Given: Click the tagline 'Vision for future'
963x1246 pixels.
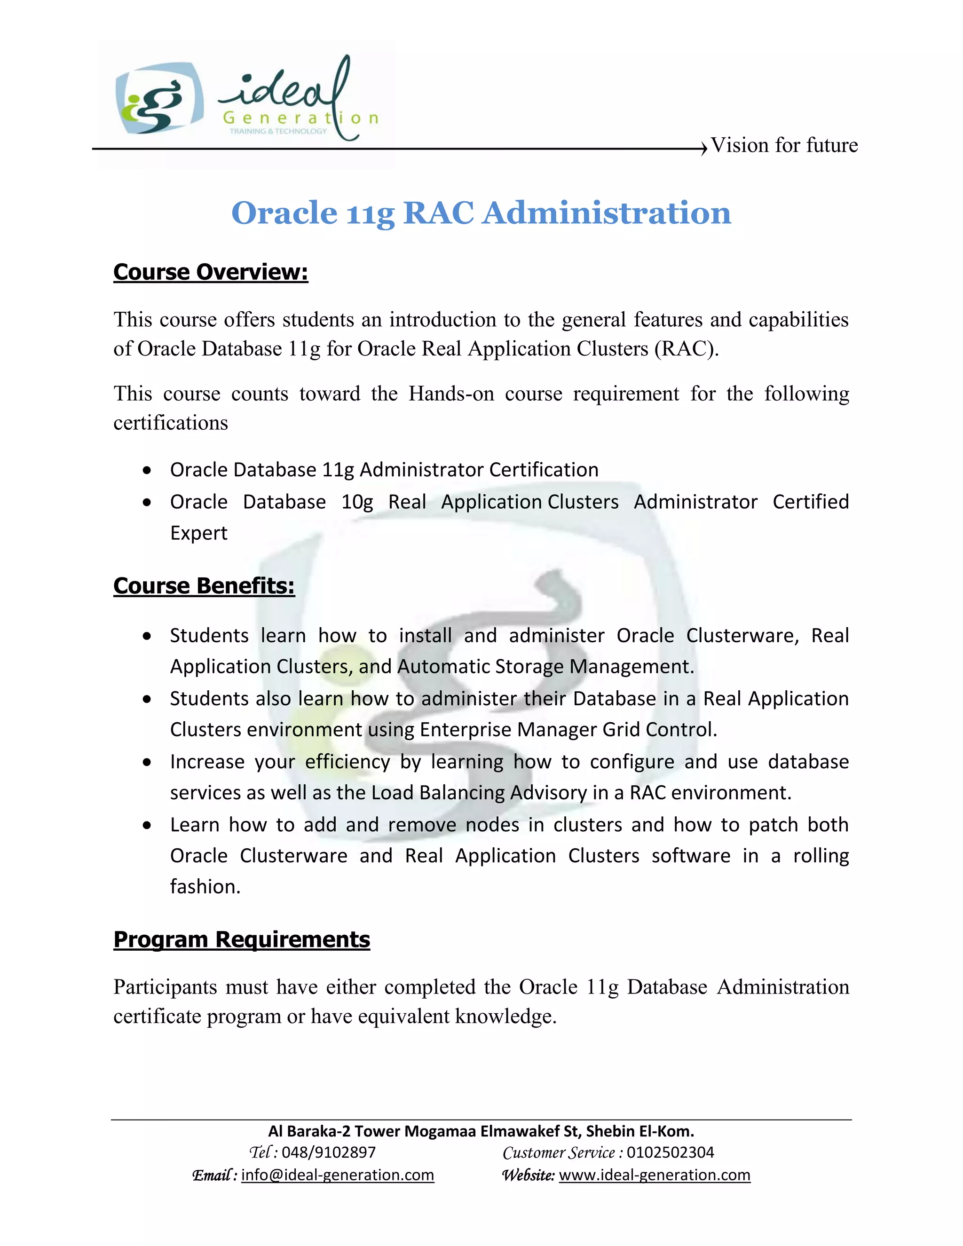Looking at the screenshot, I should pos(783,145).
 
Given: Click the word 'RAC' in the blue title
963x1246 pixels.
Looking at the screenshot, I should pos(438,213).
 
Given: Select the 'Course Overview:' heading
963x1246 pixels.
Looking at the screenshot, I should pos(211,272).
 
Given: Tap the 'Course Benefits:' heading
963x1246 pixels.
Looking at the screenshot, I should pos(204,586).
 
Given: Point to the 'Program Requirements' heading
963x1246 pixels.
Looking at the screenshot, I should pos(241,939).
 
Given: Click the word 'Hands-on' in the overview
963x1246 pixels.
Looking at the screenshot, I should pos(450,394).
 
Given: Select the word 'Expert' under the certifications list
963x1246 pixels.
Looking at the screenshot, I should pos(198,533).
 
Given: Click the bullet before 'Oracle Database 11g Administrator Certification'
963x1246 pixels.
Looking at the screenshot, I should pos(148,471).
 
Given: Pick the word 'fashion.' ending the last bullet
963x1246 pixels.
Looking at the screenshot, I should pos(205,887).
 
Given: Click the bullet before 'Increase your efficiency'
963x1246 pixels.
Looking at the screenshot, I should pos(148,763).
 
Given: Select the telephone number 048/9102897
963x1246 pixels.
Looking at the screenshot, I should pos(329,1152).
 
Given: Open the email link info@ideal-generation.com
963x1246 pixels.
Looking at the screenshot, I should pos(337,1175).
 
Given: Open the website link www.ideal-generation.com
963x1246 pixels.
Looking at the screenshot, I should pos(655,1175).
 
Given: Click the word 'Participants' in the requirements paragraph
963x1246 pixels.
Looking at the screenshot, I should pos(165,987).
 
